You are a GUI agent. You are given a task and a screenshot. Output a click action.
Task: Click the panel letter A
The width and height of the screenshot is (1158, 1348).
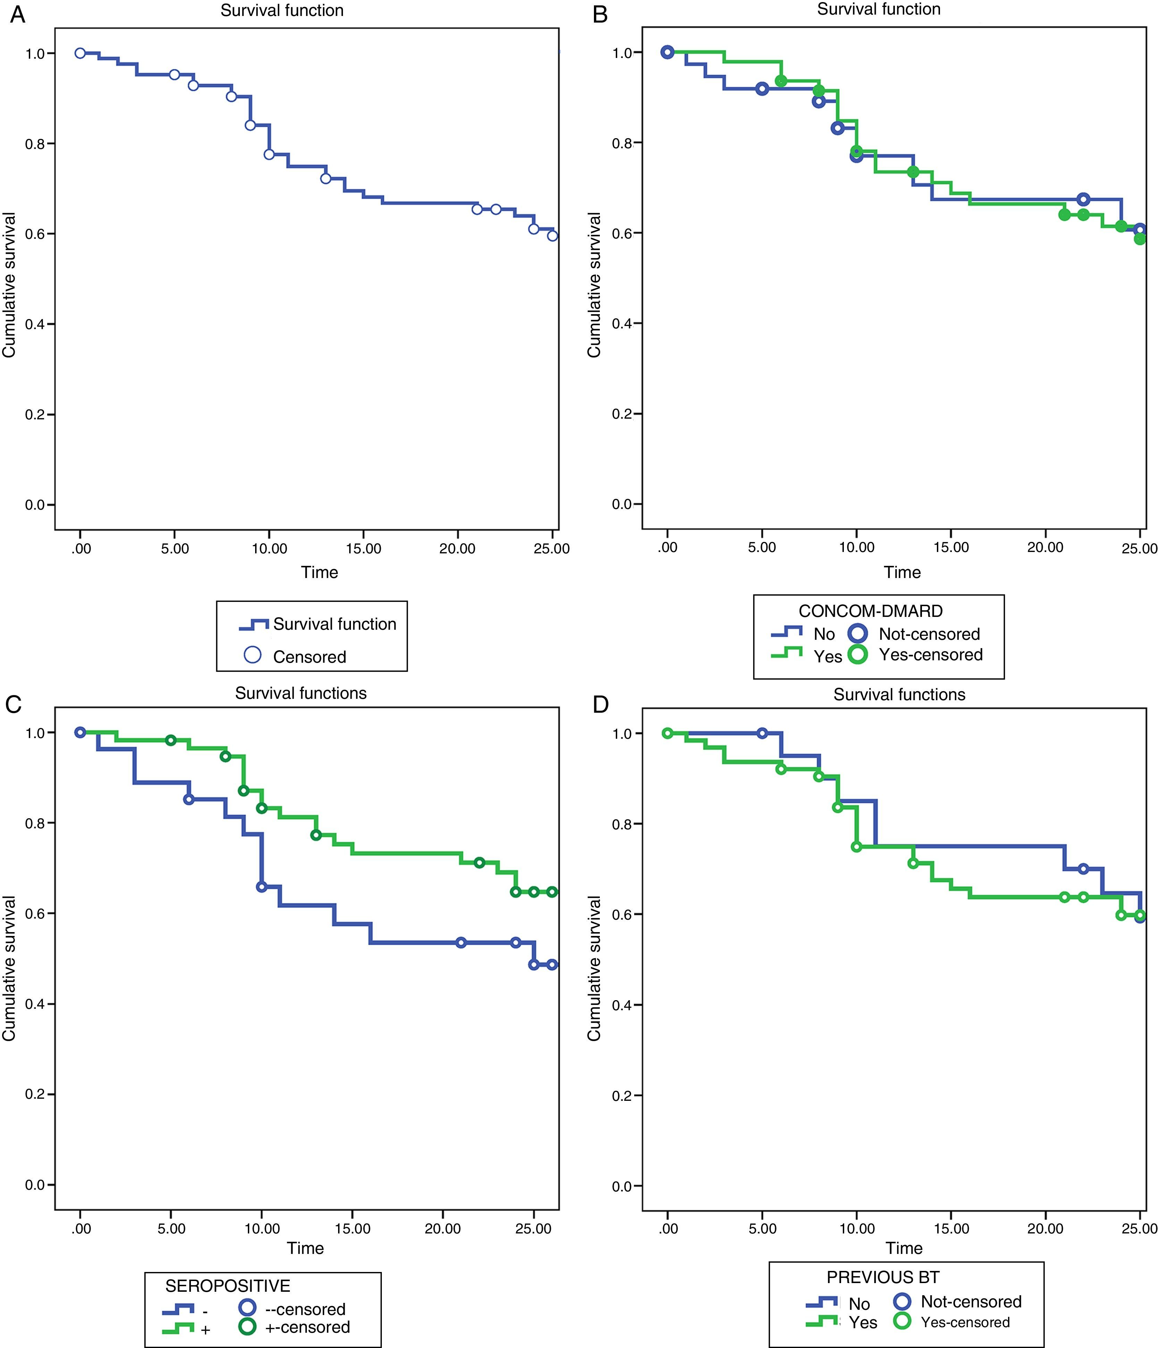coord(18,14)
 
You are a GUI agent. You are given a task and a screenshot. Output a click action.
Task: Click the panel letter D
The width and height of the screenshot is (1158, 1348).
coord(600,705)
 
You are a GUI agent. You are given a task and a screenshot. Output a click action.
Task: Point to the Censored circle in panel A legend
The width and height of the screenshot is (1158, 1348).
coord(252,655)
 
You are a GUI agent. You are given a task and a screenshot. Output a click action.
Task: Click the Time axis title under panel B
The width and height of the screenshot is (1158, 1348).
coord(902,572)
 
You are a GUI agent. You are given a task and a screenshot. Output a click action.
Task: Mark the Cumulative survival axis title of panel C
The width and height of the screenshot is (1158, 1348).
coord(9,969)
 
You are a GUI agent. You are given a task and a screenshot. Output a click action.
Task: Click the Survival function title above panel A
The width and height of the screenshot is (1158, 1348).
coord(282,10)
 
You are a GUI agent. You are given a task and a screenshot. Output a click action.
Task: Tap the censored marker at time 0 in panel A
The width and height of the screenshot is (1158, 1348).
coord(80,53)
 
